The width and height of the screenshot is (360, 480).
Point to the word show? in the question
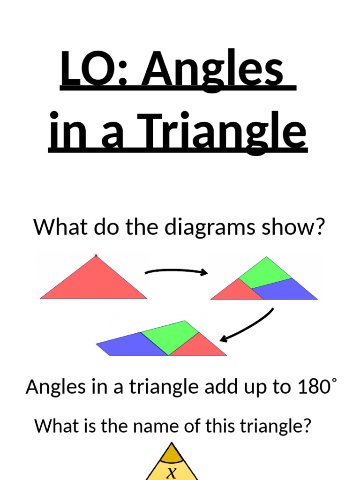coord(295,227)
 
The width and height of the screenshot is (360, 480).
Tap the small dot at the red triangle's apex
coord(96,255)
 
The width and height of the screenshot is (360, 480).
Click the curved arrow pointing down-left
coord(247,326)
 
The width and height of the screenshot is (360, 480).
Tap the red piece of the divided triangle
coord(232,291)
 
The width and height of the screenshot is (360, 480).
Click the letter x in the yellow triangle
coord(172,472)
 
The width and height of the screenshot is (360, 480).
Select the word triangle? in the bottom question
coord(275,426)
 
